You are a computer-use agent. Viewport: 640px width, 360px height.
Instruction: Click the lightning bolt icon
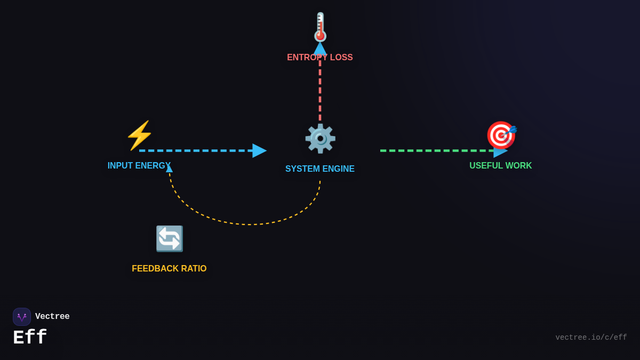point(139,135)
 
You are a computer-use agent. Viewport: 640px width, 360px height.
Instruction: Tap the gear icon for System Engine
point(320,138)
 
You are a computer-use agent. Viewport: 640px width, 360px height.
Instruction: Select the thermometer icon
point(320,27)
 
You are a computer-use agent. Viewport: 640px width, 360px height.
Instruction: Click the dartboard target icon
point(501,135)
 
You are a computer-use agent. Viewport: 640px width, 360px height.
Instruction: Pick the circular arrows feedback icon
point(169,238)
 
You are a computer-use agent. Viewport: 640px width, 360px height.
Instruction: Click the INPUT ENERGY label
point(139,166)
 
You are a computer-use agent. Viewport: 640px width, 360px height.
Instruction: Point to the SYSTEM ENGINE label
point(319,169)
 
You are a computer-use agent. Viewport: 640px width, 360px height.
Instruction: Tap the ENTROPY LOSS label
point(319,58)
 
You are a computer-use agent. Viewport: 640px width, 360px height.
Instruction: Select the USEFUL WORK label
point(500,166)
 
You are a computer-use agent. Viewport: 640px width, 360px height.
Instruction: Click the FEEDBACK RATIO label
point(169,269)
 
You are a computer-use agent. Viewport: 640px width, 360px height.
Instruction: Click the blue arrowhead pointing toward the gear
point(259,150)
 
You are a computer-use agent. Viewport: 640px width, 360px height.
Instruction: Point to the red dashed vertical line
point(320,91)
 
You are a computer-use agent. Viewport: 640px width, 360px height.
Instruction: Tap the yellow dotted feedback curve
point(248,224)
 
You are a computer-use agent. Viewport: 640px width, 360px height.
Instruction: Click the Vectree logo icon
point(22,317)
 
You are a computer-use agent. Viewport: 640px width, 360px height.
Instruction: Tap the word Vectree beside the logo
point(52,317)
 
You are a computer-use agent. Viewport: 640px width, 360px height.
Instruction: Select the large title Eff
point(30,338)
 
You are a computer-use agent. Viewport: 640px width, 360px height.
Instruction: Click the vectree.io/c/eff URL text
point(591,338)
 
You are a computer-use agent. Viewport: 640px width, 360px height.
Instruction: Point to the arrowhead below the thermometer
point(320,49)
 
